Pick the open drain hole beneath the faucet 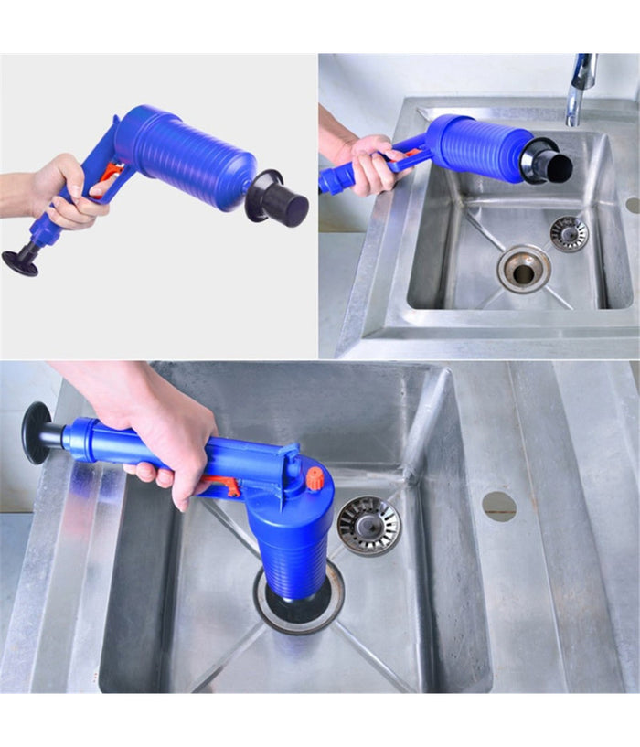[x=524, y=270]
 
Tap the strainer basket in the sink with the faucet [x=569, y=234]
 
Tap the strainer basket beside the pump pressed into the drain [x=368, y=525]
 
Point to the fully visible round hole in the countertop [x=499, y=506]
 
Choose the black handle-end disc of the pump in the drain [x=37, y=432]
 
